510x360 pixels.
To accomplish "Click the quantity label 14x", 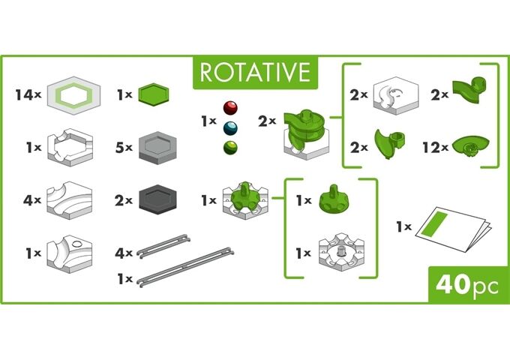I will tap(26, 95).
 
